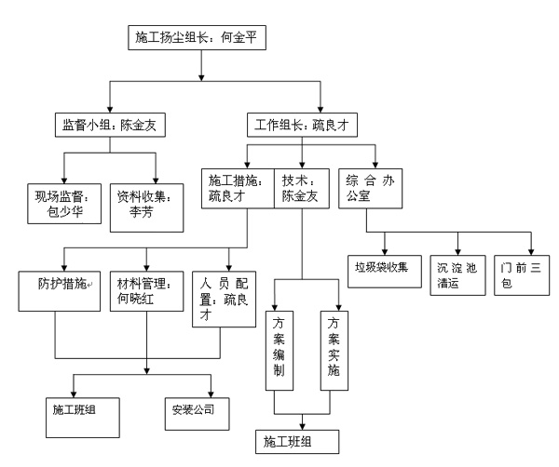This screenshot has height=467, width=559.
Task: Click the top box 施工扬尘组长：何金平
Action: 195,40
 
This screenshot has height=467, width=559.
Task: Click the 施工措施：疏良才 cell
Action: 237,188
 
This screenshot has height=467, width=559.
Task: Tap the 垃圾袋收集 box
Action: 385,268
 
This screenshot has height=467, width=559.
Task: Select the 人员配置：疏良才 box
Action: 221,299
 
